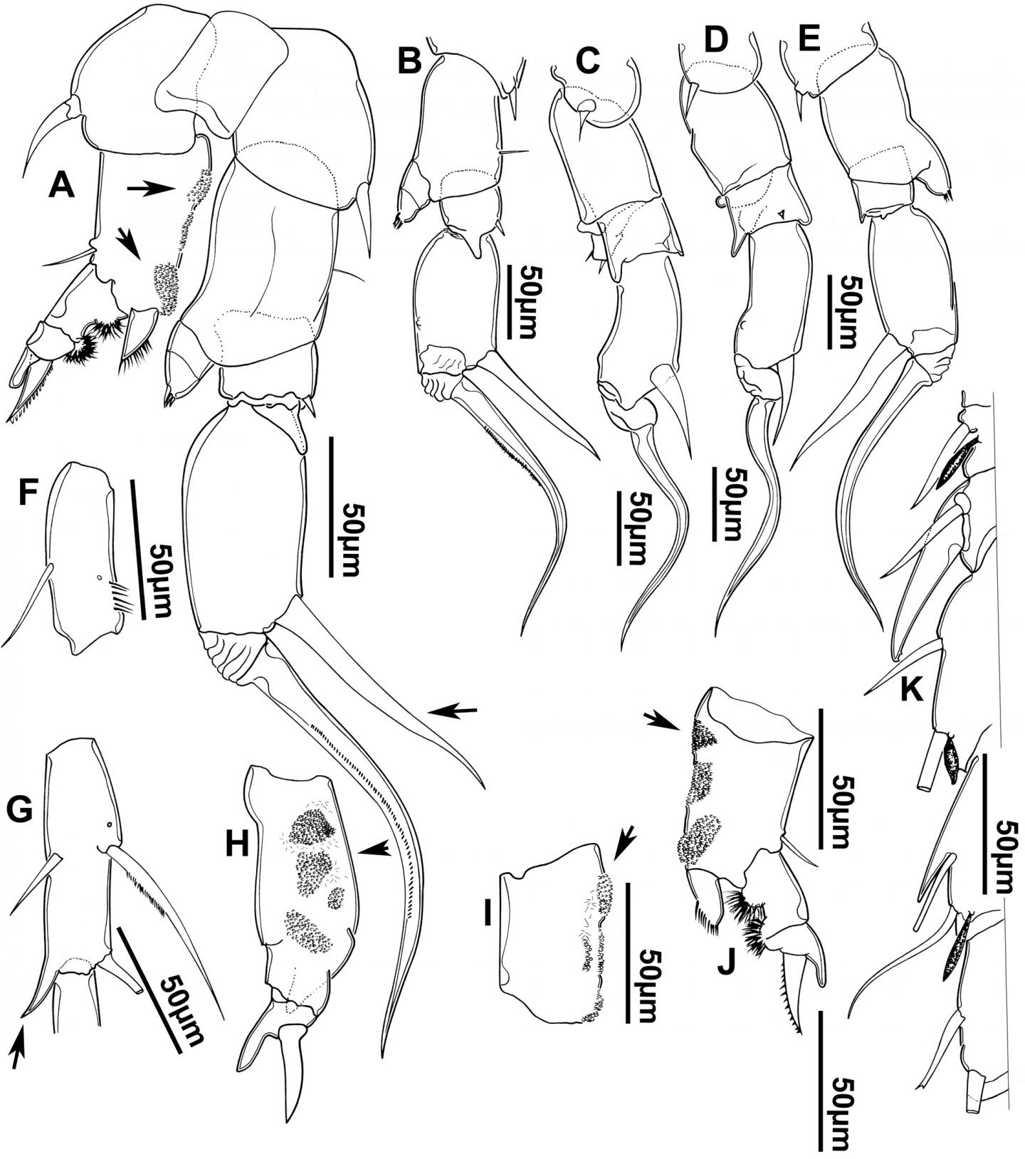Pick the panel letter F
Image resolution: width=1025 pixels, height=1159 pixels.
(26, 495)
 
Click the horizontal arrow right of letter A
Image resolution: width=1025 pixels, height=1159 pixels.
(151, 189)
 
